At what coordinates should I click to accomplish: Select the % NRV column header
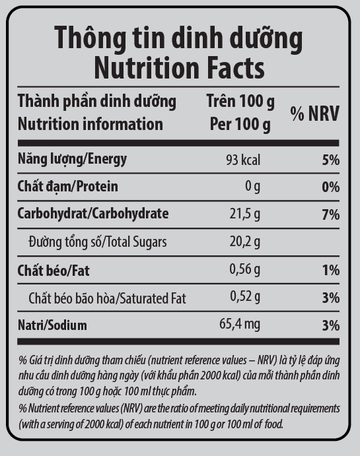pos(315,114)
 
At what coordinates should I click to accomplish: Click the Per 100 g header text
pos(240,124)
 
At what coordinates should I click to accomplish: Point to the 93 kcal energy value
pos(243,160)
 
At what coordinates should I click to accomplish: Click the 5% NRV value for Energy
pos(331,160)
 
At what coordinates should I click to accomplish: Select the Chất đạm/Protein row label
pos(68,186)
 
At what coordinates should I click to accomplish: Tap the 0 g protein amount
pos(252,186)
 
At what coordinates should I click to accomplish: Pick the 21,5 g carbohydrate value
pos(245,214)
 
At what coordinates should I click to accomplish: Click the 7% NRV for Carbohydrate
pos(331,214)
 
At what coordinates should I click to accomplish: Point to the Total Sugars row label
pos(98,242)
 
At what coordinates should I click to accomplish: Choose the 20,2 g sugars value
pos(245,242)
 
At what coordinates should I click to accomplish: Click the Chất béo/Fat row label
pos(54,271)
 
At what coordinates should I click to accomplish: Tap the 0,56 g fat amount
pos(245,269)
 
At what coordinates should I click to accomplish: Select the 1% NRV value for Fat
pos(331,270)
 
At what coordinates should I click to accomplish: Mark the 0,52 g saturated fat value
pos(245,297)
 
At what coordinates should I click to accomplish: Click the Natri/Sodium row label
pos(52,325)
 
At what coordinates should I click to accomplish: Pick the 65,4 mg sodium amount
pos(240,324)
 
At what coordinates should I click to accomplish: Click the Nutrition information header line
pos(90,124)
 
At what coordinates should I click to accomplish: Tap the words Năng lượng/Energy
pos(73,159)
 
